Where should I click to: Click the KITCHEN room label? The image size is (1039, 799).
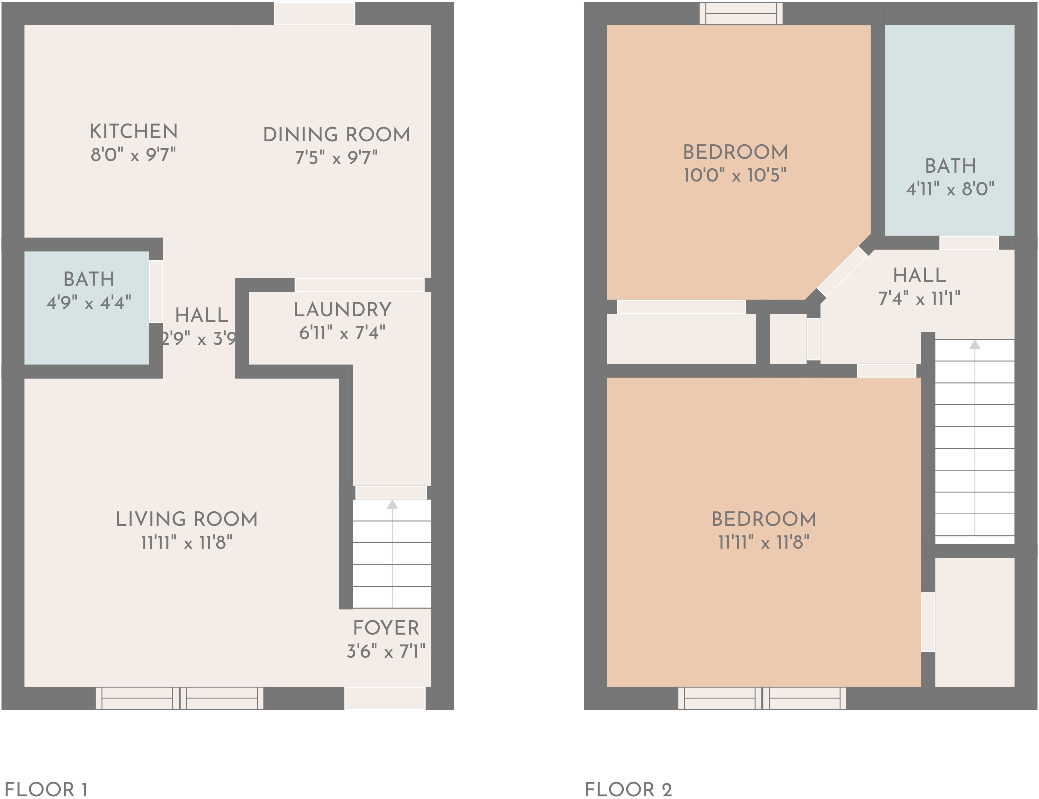(134, 131)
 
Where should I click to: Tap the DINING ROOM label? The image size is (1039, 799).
(336, 134)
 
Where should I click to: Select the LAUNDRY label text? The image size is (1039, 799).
(342, 310)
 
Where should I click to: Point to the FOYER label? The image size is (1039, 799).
(386, 628)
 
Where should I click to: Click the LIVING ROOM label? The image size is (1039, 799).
(187, 519)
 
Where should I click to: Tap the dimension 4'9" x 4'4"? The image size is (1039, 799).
(89, 302)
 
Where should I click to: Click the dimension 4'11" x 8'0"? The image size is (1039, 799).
(950, 189)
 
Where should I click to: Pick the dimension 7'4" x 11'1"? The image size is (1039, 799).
(919, 299)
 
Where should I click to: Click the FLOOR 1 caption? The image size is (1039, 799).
(46, 789)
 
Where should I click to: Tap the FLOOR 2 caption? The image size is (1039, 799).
(628, 789)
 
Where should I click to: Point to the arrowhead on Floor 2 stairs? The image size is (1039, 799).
(975, 344)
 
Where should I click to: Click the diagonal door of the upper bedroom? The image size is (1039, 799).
(843, 271)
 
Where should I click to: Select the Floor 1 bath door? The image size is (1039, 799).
(156, 292)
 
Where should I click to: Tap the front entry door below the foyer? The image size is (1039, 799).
(385, 698)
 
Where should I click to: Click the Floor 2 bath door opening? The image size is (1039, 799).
(968, 243)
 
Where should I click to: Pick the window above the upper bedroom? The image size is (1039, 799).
(741, 13)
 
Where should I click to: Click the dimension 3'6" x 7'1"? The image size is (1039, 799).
(386, 651)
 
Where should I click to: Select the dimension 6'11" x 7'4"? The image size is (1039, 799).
(342, 333)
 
